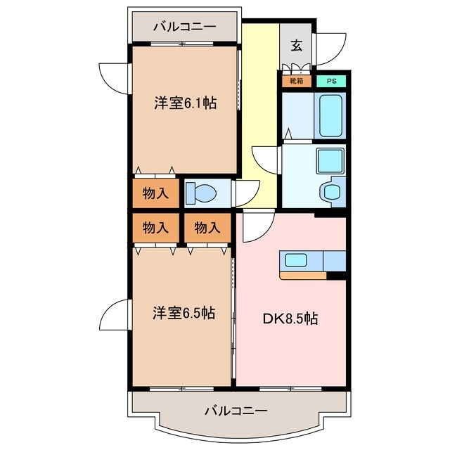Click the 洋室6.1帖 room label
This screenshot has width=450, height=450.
pyautogui.click(x=185, y=103)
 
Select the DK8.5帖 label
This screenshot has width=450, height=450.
pyautogui.click(x=290, y=318)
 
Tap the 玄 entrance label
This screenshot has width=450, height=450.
pyautogui.click(x=297, y=46)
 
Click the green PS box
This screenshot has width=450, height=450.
pyautogui.click(x=330, y=81)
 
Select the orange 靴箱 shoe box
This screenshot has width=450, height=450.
pyautogui.click(x=295, y=81)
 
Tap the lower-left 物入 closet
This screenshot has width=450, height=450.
pyautogui.click(x=155, y=228)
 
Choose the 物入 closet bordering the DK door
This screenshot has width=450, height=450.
pyautogui.click(x=207, y=228)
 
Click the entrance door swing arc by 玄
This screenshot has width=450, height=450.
pyautogui.click(x=330, y=50)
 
